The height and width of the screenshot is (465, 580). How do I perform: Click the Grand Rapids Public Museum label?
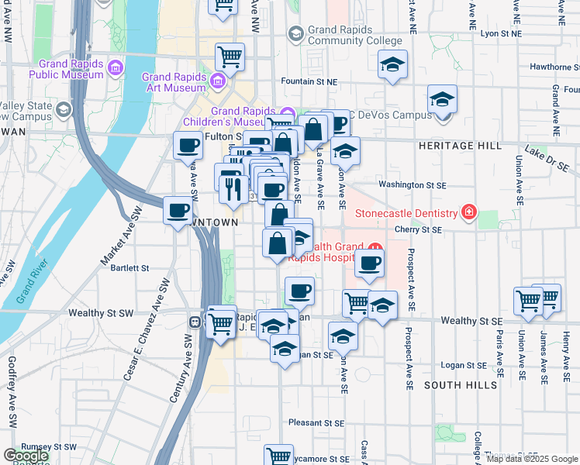click(x=67, y=70)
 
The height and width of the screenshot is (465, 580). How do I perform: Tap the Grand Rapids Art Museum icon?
click(x=218, y=81)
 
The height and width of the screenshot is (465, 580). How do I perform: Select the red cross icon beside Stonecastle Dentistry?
click(x=468, y=211)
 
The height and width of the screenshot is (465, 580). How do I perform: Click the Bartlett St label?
click(x=129, y=268)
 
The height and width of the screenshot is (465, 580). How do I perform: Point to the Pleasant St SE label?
click(x=316, y=423)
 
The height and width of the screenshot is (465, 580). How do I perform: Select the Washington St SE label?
click(x=412, y=184)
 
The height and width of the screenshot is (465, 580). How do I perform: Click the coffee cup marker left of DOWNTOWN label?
click(x=178, y=210)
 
